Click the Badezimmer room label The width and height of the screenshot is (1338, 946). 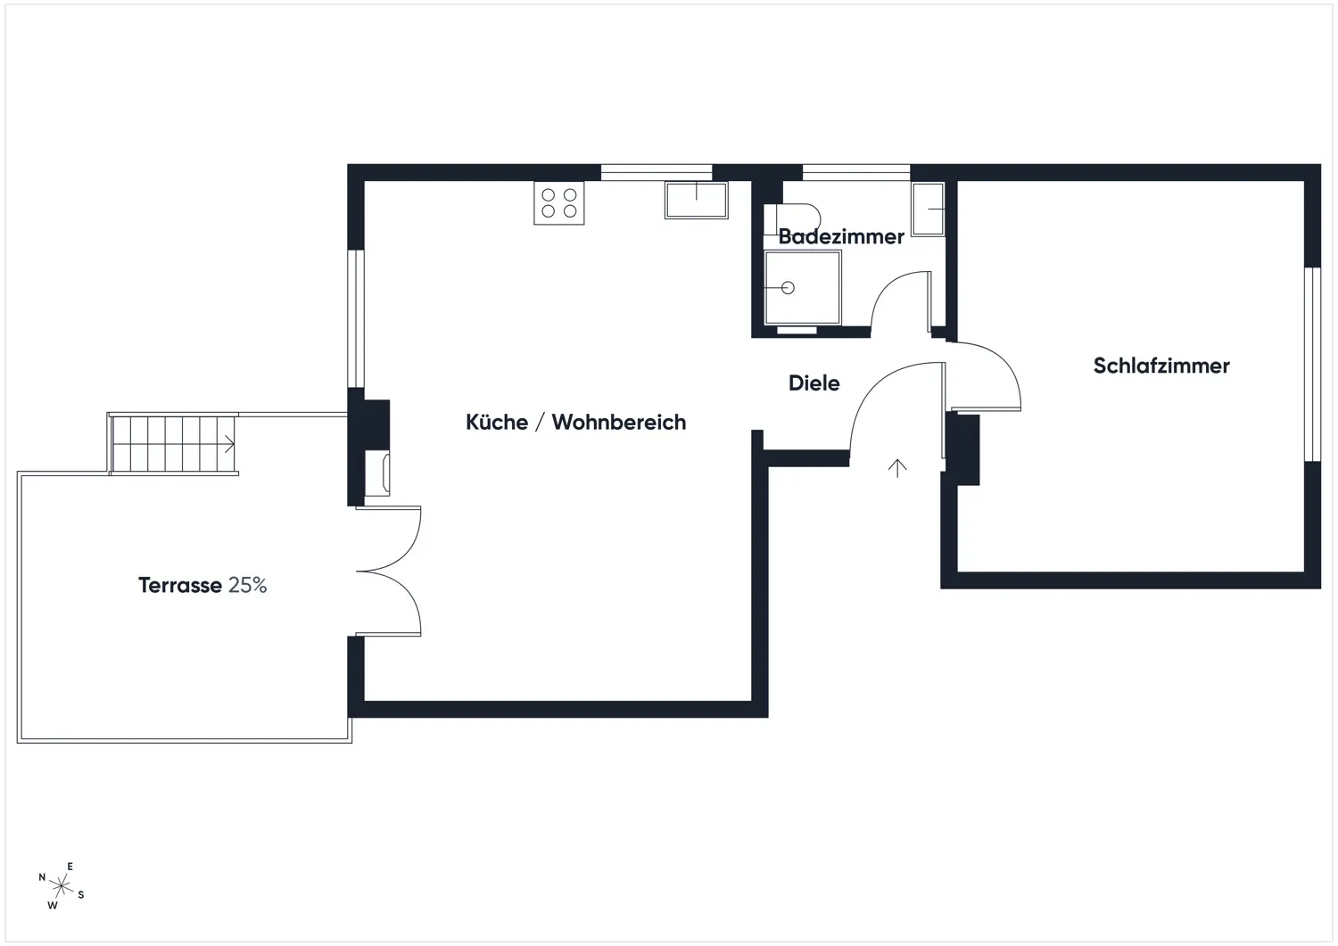pos(840,236)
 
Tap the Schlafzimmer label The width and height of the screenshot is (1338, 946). pos(1161,366)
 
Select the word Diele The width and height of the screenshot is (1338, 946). pos(814,383)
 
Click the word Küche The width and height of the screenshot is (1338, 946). pos(497,422)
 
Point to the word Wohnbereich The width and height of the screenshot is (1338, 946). pos(619,422)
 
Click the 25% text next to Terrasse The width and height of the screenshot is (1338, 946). pos(247,585)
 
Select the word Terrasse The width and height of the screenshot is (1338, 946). pos(180,585)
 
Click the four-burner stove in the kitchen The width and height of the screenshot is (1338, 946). pos(559,203)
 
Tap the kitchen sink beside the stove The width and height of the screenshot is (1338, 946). pos(697,200)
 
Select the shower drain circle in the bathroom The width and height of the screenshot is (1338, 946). pos(788,288)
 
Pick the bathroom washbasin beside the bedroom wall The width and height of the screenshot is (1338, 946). pos(929,209)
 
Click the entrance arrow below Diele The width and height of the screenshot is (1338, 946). pos(897,468)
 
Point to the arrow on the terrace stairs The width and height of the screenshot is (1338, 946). pos(229,444)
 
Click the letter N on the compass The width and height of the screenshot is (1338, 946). pos(42,877)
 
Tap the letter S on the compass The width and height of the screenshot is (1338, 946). pos(81,894)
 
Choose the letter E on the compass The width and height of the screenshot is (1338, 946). pos(70,866)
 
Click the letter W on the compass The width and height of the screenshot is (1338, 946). pos(53,905)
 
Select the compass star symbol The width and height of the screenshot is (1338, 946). pos(61,885)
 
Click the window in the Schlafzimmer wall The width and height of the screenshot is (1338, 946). pos(1312,365)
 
